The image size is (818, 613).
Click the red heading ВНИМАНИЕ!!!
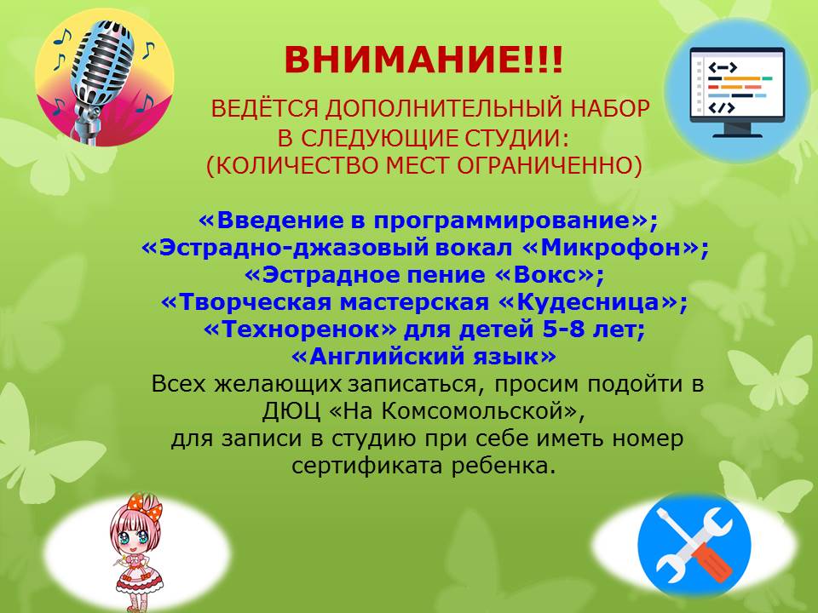(x=424, y=60)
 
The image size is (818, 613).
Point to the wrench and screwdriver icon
(x=694, y=545)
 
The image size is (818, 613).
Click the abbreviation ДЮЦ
(x=291, y=411)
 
